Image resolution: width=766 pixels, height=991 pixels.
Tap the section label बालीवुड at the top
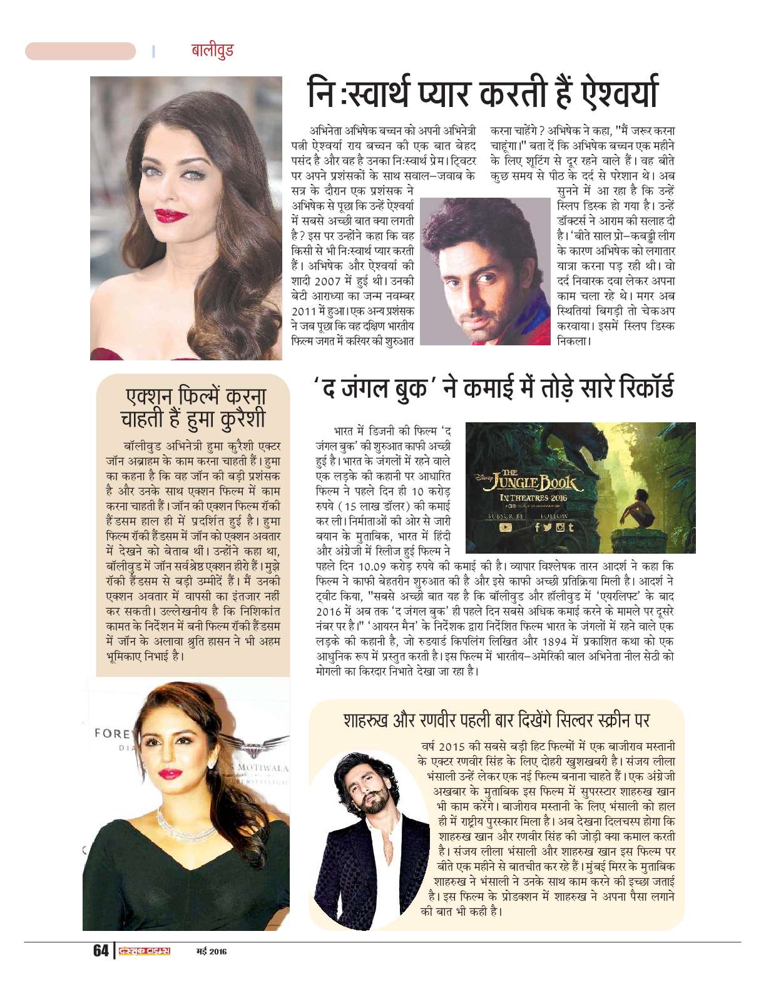[x=213, y=50]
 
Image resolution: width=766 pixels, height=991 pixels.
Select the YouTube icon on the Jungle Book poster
[x=505, y=527]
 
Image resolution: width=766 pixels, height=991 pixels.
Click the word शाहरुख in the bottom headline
[x=367, y=719]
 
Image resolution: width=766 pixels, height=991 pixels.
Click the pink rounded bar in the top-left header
[x=80, y=51]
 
